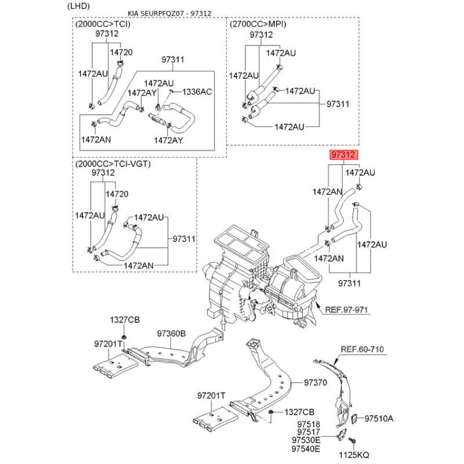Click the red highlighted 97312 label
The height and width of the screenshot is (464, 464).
343,155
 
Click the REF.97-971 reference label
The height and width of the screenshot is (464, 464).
346,310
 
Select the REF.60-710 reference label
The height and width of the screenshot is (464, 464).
361,349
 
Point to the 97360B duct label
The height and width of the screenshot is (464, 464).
171,333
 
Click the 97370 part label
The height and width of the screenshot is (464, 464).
316,383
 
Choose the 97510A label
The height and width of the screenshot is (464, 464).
379,419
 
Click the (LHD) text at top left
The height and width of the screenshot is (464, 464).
79,6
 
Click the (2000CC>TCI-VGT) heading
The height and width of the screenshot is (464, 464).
113,164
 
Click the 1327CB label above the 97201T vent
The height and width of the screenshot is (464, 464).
125,320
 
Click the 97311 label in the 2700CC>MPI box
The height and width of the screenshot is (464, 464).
338,104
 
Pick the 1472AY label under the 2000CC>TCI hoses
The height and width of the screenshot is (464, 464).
168,140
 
